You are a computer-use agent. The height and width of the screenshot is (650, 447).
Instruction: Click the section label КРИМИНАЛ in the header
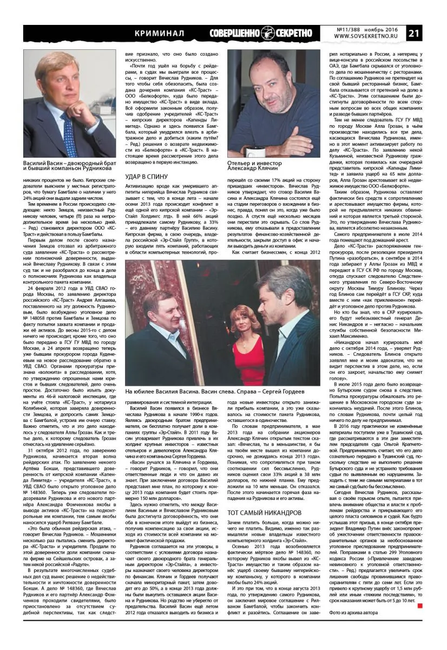(159, 33)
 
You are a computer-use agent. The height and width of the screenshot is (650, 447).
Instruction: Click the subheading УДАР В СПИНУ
(145, 177)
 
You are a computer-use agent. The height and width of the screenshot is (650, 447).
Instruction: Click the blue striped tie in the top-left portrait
(70, 135)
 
